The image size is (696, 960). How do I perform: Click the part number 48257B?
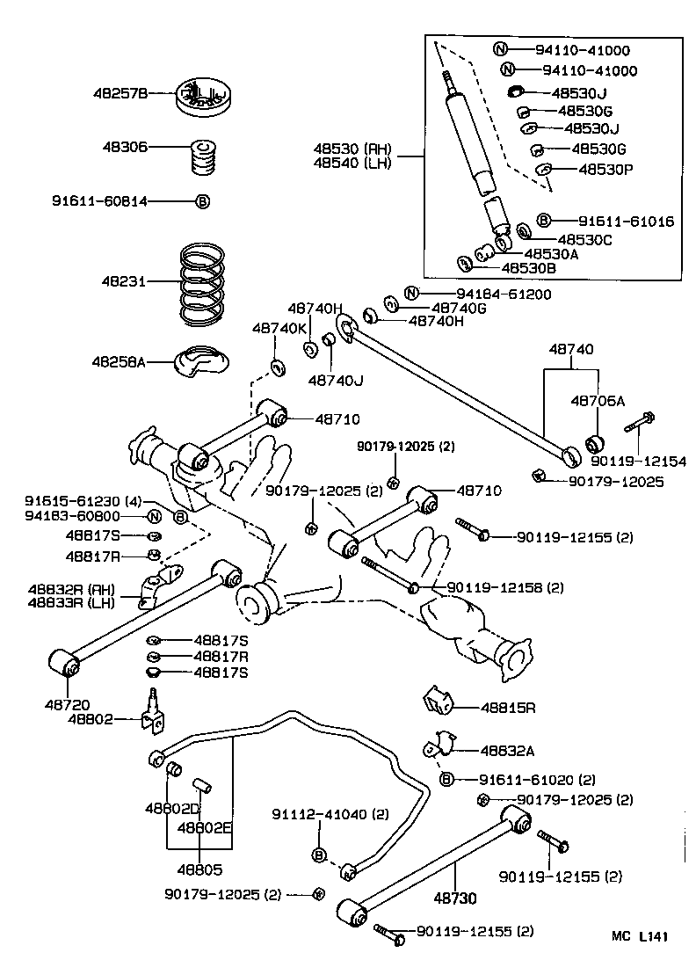tap(123, 91)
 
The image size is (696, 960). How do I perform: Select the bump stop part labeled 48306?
tap(204, 158)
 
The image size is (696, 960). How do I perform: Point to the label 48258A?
tap(118, 361)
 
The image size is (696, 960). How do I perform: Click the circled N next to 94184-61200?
tap(410, 293)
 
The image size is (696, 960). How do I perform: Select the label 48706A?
tap(598, 400)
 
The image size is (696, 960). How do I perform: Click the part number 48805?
tap(199, 869)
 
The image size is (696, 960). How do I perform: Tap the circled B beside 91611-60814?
tap(202, 201)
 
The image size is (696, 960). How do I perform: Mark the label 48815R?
tap(508, 706)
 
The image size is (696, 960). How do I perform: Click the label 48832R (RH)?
tap(68, 589)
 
